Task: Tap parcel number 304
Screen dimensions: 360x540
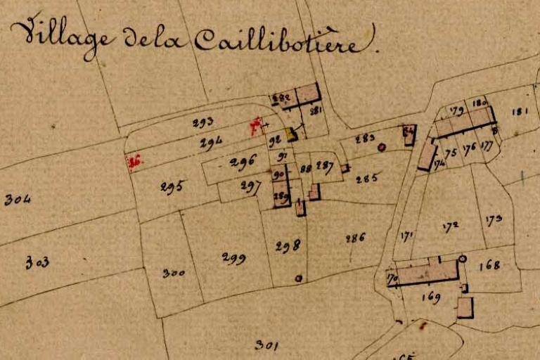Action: point(18,200)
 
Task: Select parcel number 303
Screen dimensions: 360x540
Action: point(37,263)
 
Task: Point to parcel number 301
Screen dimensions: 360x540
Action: point(267,345)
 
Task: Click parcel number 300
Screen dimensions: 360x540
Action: point(174,273)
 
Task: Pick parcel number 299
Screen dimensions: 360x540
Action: point(233,258)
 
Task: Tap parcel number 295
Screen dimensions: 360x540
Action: point(172,187)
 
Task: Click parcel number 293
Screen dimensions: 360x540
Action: point(202,122)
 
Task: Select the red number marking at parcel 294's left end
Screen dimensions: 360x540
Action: point(134,162)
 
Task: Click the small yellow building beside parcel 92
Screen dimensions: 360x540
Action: point(292,134)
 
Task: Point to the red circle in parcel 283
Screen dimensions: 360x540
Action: point(381,148)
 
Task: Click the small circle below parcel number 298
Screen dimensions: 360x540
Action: point(298,278)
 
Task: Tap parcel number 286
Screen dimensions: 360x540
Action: point(355,238)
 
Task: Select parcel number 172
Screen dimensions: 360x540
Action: point(451,226)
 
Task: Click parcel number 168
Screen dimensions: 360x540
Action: point(489,265)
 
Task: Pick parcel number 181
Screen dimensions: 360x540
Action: point(520,111)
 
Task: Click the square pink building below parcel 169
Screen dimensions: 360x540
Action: point(465,308)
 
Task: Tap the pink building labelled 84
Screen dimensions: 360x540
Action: point(409,134)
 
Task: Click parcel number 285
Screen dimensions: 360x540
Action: point(366,179)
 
